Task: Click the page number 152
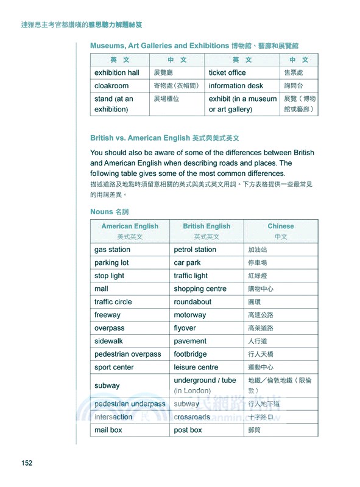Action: (x=26, y=463)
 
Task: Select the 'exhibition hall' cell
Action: (x=117, y=73)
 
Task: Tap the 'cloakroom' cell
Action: (x=111, y=86)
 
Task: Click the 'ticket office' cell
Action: (x=227, y=73)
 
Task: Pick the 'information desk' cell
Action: (x=236, y=86)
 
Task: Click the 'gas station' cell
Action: (x=112, y=250)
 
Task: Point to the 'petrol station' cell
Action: (x=195, y=250)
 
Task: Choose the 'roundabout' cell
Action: (x=192, y=302)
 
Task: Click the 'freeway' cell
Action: (x=107, y=315)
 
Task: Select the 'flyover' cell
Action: (x=185, y=328)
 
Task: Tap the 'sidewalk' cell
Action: (x=108, y=342)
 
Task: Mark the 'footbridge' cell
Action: (x=190, y=354)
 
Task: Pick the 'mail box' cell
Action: (x=108, y=430)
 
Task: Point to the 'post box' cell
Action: (x=188, y=430)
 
